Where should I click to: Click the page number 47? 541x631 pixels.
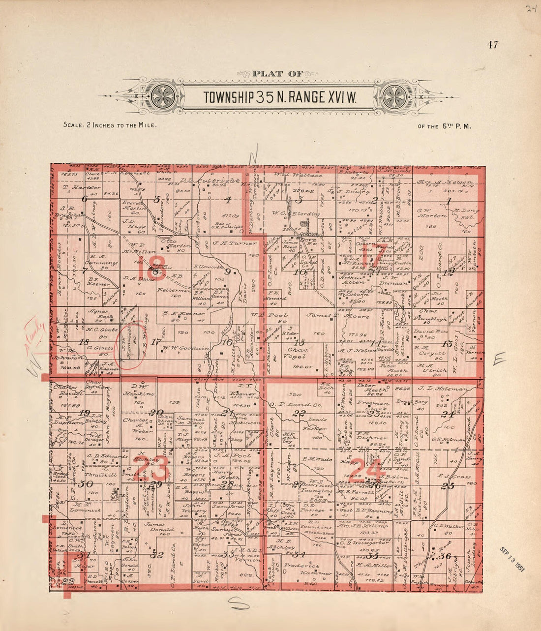click(493, 45)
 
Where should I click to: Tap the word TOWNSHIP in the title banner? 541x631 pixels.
click(228, 98)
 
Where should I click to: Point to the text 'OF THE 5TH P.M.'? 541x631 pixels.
click(445, 126)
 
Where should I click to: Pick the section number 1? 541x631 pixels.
click(448, 200)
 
